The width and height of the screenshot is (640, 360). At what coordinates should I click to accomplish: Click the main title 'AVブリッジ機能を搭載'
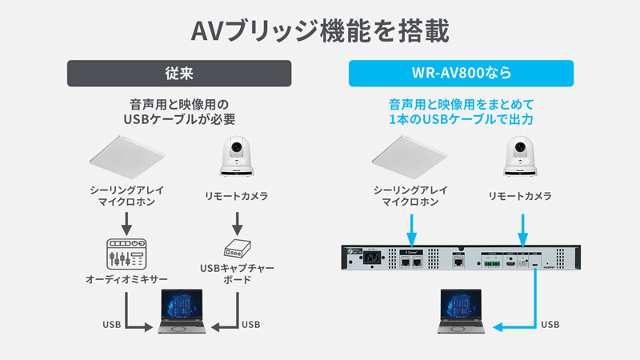pyautogui.click(x=320, y=30)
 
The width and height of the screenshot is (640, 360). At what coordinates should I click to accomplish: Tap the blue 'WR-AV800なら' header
pyautogui.click(x=461, y=74)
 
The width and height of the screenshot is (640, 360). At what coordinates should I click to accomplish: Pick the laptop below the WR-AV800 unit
pyautogui.click(x=460, y=312)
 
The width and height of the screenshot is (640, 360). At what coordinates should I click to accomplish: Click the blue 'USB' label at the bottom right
pyautogui.click(x=550, y=325)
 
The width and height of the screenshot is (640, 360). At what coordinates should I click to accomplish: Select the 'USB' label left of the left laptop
pyautogui.click(x=112, y=325)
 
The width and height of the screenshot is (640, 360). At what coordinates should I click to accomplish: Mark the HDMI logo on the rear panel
pyautogui.click(x=550, y=270)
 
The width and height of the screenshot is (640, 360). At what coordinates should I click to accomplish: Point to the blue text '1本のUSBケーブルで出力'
pyautogui.click(x=461, y=119)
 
